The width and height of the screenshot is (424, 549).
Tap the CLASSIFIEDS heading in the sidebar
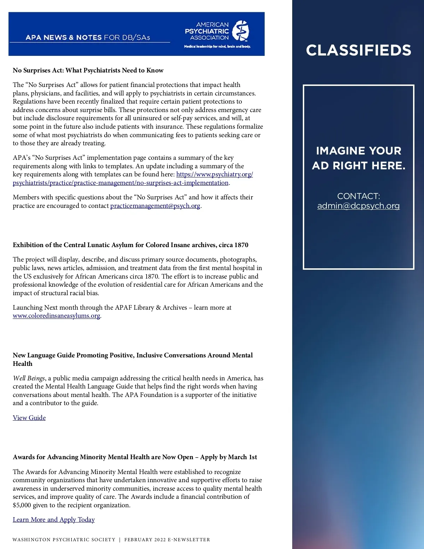[x=358, y=50]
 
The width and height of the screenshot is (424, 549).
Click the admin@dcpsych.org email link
[x=358, y=206]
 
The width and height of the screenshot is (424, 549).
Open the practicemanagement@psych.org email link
[x=155, y=206]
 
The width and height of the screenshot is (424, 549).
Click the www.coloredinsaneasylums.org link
[x=57, y=316]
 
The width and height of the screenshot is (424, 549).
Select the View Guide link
[x=29, y=418]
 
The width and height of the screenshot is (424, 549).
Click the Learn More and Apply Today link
[x=54, y=520]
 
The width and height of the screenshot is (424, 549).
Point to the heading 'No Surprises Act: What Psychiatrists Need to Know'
[x=88, y=70]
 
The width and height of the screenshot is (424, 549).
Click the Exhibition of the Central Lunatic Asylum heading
[x=130, y=245]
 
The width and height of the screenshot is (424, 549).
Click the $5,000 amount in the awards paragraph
[x=22, y=505]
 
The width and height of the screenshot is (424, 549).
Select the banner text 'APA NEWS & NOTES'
[x=64, y=37]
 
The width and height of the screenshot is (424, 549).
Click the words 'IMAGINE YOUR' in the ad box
[x=358, y=151]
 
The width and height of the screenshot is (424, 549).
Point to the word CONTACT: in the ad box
[x=358, y=196]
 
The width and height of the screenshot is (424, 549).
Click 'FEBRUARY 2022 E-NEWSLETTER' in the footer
[x=167, y=540]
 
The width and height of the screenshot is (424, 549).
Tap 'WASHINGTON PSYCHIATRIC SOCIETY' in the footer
[x=64, y=540]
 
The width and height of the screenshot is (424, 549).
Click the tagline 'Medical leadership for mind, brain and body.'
[x=217, y=47]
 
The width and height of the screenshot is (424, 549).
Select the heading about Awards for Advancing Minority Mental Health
[x=135, y=457]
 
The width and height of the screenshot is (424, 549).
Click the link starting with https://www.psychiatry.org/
[x=214, y=174]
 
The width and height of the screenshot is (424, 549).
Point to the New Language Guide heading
[x=132, y=356]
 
